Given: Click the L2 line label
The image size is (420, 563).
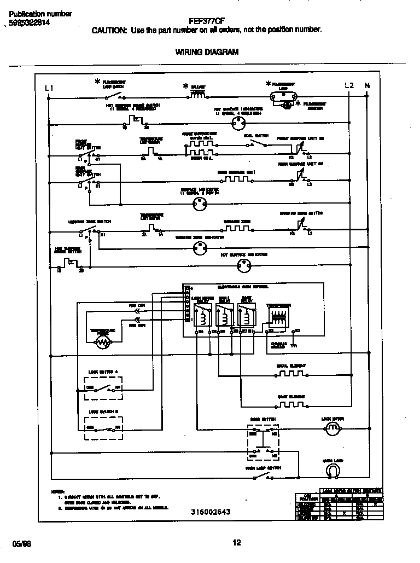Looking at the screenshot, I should [x=349, y=85].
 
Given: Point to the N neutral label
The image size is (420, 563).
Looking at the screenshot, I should [x=367, y=85].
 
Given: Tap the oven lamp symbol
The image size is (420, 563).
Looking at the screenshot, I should [x=332, y=470].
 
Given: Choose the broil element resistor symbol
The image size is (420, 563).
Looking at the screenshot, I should [x=290, y=374].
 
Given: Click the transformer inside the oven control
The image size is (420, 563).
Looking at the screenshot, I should [x=278, y=318].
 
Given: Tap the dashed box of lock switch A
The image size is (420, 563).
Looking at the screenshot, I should [x=103, y=388].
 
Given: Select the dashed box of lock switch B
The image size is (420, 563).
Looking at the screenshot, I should [x=103, y=427].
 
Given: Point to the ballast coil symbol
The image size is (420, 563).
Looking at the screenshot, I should [x=197, y=96].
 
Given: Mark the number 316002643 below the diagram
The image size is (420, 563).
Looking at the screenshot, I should [x=211, y=512].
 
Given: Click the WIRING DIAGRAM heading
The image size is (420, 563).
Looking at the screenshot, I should [x=207, y=52].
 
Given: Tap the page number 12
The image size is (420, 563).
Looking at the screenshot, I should [x=236, y=543].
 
